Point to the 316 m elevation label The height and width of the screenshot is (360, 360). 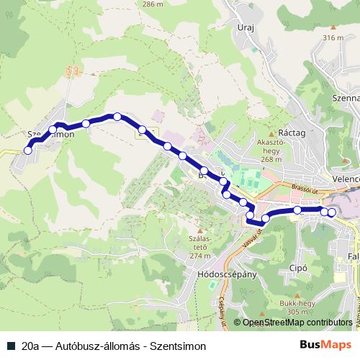(334, 37)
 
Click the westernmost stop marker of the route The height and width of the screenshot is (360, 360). (28, 150)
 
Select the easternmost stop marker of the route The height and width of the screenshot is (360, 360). (332, 212)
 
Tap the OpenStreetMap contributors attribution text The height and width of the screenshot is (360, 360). (297, 323)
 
